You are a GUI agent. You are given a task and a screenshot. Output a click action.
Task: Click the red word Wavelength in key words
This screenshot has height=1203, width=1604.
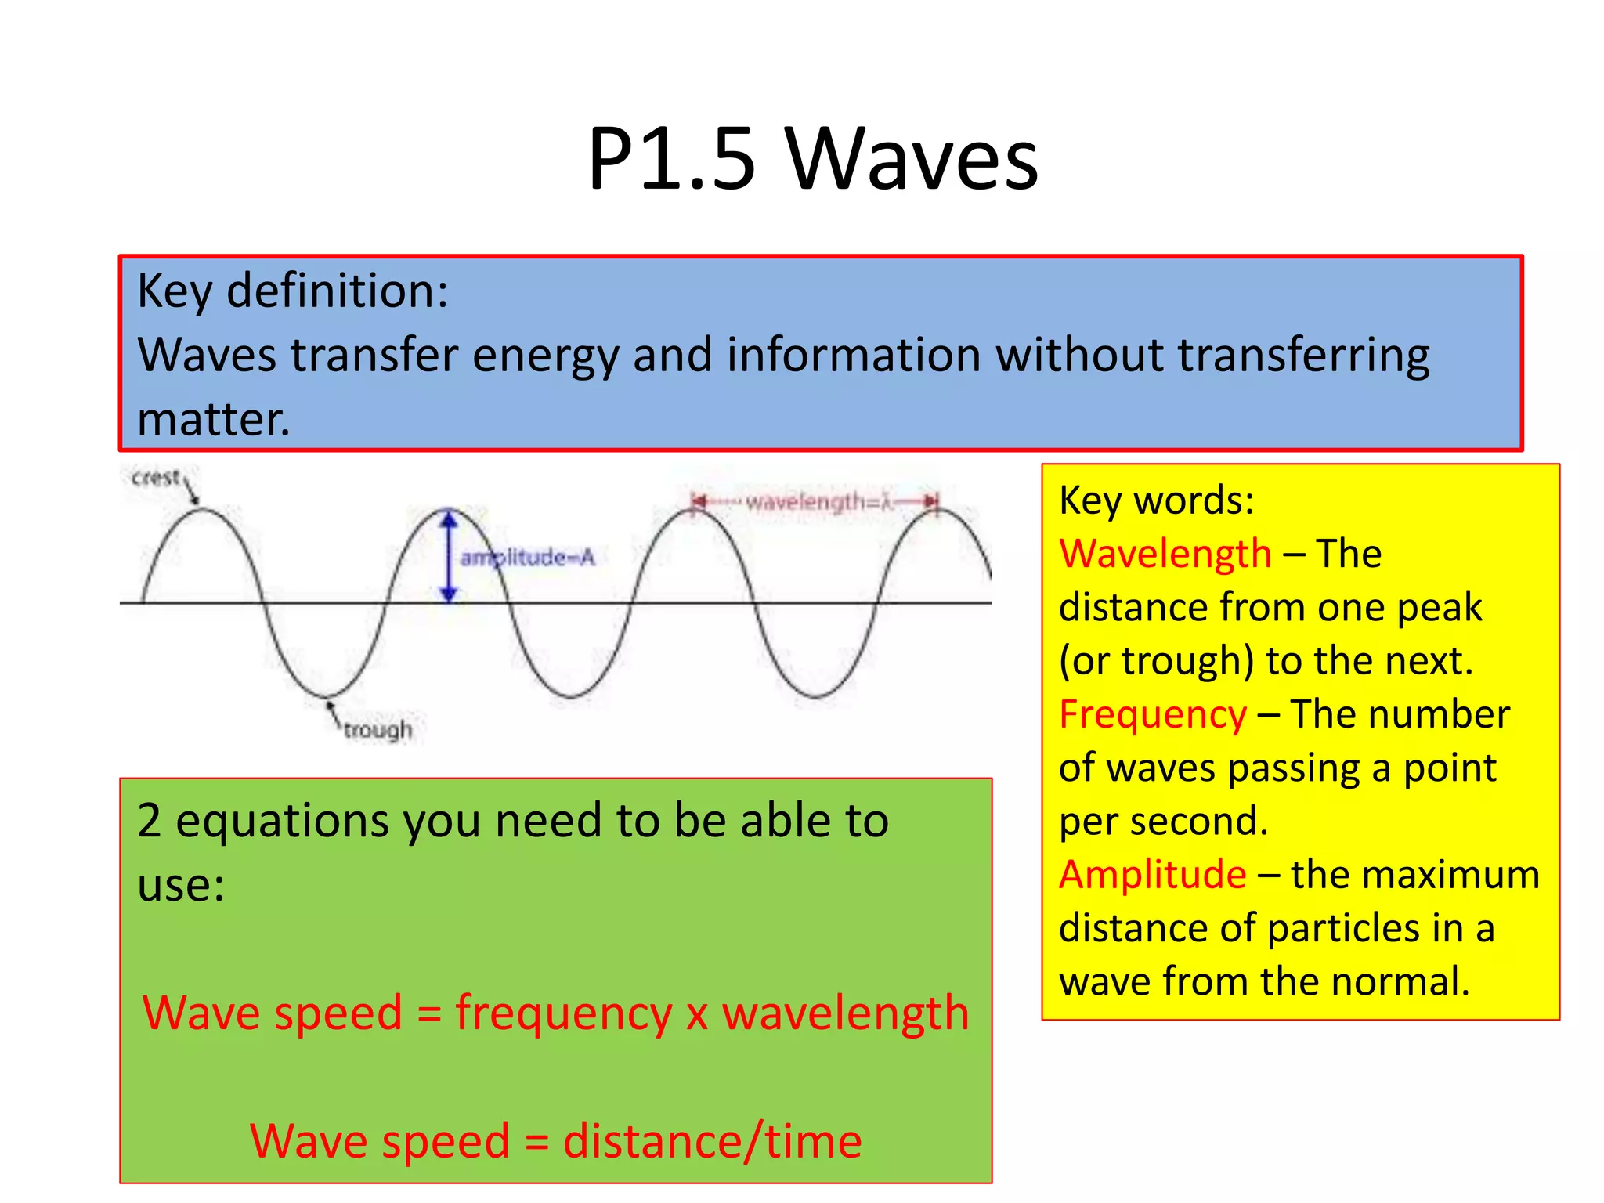[x=1165, y=554]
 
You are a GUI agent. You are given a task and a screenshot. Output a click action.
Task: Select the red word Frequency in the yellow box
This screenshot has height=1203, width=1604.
[x=1152, y=714]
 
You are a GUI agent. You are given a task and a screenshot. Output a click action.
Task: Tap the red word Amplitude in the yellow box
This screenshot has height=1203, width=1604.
[x=1152, y=874]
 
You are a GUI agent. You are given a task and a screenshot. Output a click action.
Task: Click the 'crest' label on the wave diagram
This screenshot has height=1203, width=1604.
[x=156, y=478]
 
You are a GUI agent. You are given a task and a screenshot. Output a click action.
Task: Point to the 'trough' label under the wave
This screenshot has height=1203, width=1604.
[x=378, y=729]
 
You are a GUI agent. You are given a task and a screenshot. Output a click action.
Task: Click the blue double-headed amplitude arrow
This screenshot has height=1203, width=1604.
[x=448, y=555]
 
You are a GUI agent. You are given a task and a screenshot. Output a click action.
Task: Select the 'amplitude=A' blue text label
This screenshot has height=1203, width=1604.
[x=528, y=558]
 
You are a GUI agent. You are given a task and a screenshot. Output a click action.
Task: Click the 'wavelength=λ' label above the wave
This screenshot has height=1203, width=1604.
[x=818, y=501]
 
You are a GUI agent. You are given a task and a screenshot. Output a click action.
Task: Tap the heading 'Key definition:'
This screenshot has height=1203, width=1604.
[x=292, y=291]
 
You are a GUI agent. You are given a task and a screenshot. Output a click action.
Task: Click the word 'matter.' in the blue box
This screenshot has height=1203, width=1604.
[x=213, y=420]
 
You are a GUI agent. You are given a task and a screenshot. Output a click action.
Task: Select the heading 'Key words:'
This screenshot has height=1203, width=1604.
[x=1156, y=500]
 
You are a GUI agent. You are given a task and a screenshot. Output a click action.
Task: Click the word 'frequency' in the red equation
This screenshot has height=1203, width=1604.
[x=563, y=1013]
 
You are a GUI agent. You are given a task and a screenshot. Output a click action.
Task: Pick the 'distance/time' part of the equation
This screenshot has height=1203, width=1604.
[x=712, y=1141]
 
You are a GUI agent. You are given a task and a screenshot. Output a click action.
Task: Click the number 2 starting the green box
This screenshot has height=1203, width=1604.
[x=149, y=822]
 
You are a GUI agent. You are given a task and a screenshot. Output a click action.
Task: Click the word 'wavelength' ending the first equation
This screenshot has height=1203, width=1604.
[x=845, y=1013]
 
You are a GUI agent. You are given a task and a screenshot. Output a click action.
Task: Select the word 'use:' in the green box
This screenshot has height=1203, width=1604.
[x=181, y=886]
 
